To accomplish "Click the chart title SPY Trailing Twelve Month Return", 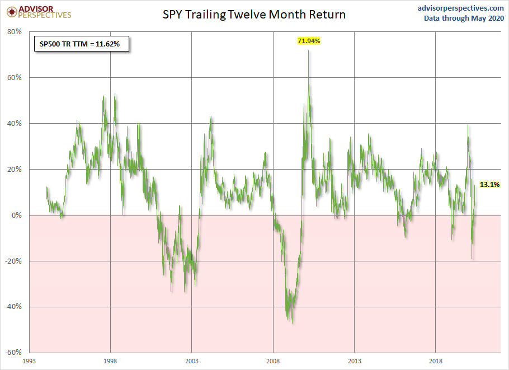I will coord(254,15).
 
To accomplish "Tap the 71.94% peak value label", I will coord(309,41).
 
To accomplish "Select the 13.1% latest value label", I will coord(490,184).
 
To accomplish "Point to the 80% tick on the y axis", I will coord(15,32).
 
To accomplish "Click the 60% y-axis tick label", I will coord(15,78).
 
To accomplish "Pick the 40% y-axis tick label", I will coord(15,124).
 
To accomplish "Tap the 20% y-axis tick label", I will coord(15,170).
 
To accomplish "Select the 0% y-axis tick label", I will coord(17,216).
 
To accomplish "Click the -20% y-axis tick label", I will coord(13,261).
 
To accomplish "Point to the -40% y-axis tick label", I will coord(13,307).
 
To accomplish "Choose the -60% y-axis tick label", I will coord(13,353).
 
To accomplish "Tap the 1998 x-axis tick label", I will coord(110,362).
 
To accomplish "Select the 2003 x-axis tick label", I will coord(192,362).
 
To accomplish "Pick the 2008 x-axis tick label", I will coord(273,362).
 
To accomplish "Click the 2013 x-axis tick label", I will coord(354,362).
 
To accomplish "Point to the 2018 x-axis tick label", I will coord(436,362).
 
